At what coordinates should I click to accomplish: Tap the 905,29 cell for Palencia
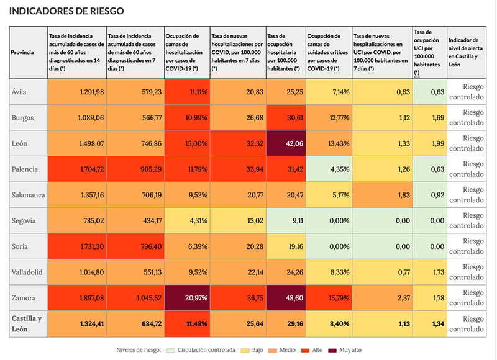coord(135,169)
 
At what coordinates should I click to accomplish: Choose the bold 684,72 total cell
coord(135,323)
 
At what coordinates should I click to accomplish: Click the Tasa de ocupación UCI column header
coord(429,52)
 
